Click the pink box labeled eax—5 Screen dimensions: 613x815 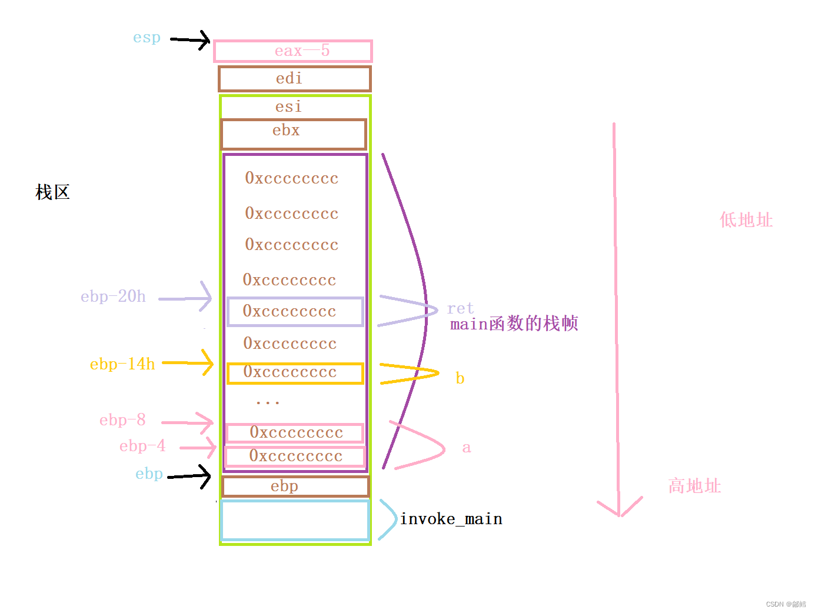click(292, 51)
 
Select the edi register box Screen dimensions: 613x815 click(294, 79)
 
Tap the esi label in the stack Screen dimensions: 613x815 click(288, 106)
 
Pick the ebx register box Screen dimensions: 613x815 click(294, 134)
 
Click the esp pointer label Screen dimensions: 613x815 click(147, 38)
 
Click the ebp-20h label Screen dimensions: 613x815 click(113, 296)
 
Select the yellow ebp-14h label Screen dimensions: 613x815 click(122, 364)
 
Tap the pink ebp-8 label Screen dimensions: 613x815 click(122, 420)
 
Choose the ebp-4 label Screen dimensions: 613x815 click(142, 446)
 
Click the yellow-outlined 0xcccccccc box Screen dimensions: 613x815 click(295, 374)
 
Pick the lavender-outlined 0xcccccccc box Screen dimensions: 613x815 click(295, 312)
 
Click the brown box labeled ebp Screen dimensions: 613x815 click(295, 487)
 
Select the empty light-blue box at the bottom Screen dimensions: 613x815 click(295, 520)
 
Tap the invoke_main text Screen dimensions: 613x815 click(451, 519)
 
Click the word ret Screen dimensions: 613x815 click(460, 308)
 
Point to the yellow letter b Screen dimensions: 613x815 click(460, 378)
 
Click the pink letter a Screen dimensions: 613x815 click(467, 448)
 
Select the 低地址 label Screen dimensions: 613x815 click(746, 220)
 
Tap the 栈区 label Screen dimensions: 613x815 click(52, 192)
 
